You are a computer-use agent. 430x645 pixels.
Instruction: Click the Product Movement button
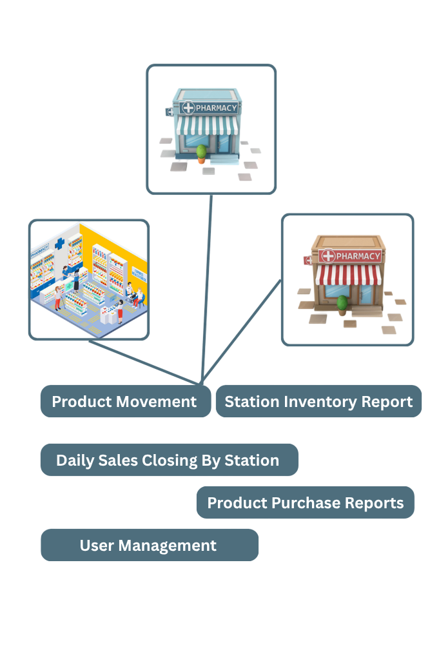click(x=126, y=401)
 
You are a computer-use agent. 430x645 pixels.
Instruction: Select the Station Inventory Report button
click(x=318, y=401)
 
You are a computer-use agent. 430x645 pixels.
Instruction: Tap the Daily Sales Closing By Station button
click(x=170, y=460)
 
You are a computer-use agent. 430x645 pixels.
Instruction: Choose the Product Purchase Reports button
click(x=306, y=502)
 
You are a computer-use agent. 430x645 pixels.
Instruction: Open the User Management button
click(x=150, y=545)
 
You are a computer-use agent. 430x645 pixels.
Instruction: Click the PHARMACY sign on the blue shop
click(x=210, y=108)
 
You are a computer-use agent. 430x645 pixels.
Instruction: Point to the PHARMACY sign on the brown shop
click(x=350, y=256)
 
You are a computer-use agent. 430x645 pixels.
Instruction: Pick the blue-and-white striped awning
click(x=207, y=126)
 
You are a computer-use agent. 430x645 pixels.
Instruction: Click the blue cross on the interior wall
click(x=60, y=244)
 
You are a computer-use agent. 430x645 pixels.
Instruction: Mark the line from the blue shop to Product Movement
click(x=206, y=289)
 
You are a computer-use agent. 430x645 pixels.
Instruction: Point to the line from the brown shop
click(x=242, y=331)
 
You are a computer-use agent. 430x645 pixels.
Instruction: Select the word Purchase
click(x=306, y=502)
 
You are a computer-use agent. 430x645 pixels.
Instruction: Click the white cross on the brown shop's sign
click(x=328, y=256)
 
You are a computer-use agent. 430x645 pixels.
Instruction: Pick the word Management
click(x=168, y=546)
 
